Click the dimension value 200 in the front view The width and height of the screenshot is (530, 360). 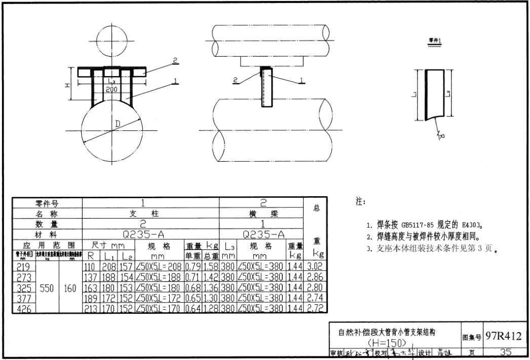[111, 89]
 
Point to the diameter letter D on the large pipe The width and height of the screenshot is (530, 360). [118, 123]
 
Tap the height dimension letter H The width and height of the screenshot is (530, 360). [66, 85]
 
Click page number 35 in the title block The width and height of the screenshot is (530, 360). [505, 351]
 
